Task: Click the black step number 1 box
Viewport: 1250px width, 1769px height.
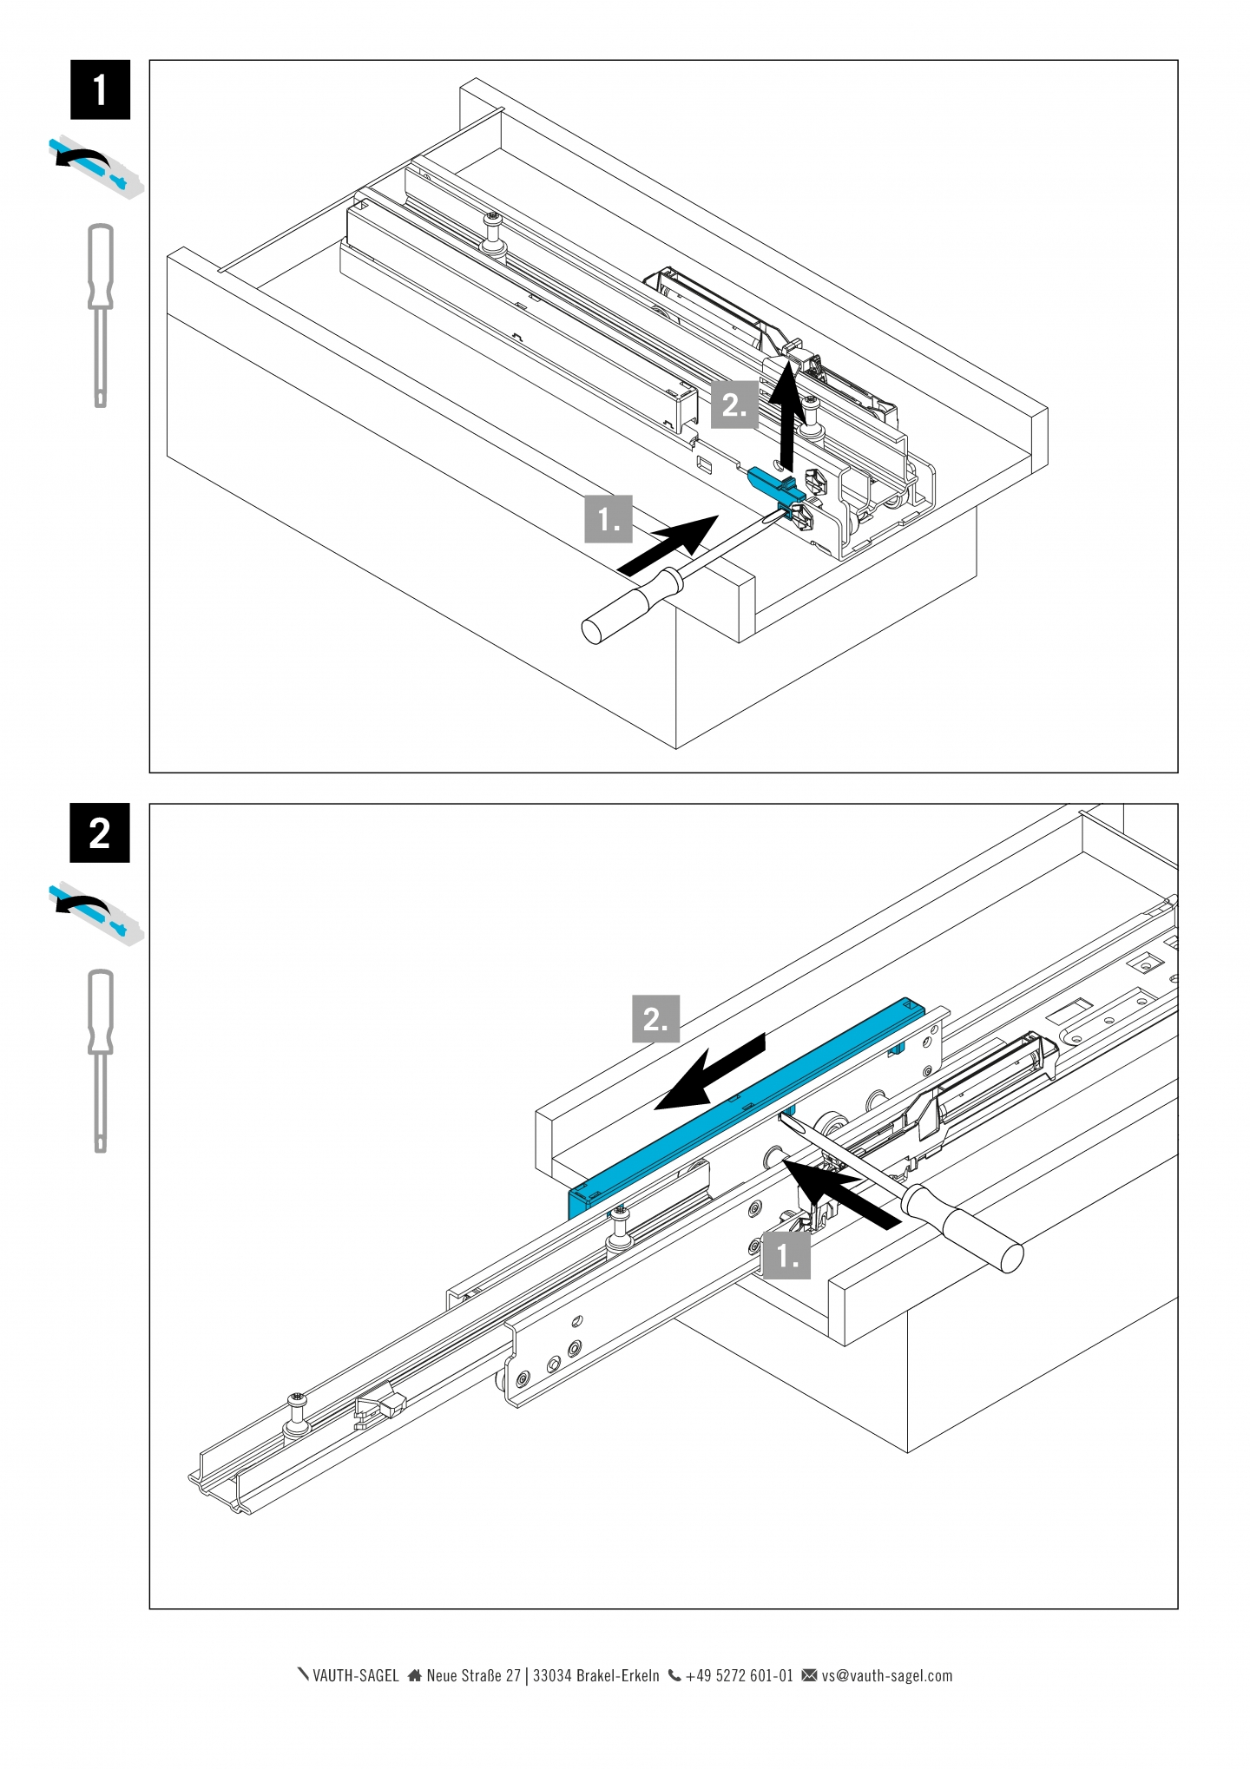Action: [x=100, y=89]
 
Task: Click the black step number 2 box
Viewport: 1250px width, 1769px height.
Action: [x=100, y=833]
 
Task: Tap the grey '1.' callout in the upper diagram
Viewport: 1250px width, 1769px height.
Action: [x=609, y=519]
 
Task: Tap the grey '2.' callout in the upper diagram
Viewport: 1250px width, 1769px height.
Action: [x=734, y=404]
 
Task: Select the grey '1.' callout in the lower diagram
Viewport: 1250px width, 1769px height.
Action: [x=786, y=1255]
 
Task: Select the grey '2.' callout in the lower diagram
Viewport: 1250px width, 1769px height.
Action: [x=655, y=1018]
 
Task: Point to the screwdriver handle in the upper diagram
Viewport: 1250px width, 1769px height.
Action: [x=628, y=603]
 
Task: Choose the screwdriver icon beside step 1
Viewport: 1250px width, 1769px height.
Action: [x=101, y=314]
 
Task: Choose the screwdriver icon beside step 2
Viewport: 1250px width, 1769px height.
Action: [x=101, y=1060]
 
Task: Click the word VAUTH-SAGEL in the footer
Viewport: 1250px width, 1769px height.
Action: [x=355, y=1676]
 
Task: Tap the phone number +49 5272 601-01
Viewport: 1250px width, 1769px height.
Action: [x=739, y=1676]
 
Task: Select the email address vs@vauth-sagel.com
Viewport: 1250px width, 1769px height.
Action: [x=886, y=1676]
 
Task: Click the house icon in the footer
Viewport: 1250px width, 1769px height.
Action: [x=415, y=1675]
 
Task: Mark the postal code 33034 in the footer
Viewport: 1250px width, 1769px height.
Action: [x=551, y=1676]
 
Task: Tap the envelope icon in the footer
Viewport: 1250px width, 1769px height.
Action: [x=809, y=1675]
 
